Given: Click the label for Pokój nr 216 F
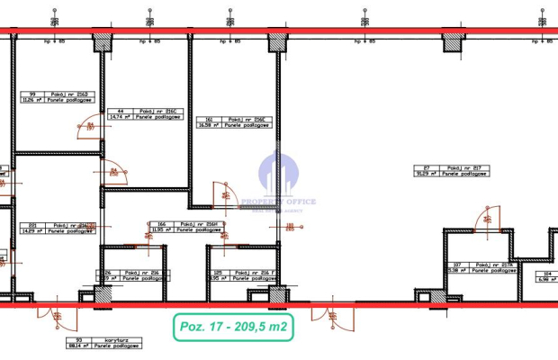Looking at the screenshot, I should click(244, 276).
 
